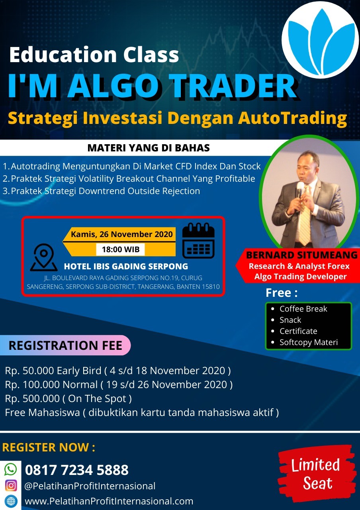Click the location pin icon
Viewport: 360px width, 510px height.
pos(44,257)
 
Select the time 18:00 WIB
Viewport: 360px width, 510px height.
pos(121,249)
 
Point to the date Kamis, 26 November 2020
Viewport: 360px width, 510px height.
pos(122,234)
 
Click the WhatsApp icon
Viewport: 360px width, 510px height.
pos(10,469)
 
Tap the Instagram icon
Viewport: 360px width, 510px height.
pos(11,485)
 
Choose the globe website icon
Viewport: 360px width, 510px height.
pos(11,501)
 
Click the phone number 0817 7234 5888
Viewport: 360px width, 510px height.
pos(77,470)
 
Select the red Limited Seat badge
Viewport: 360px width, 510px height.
pos(317,474)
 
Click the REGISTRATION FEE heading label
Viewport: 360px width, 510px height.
pos(65,345)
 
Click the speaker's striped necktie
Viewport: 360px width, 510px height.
pos(305,216)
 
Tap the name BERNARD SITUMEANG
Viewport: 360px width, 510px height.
pos(302,255)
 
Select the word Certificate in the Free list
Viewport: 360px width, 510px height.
pos(298,331)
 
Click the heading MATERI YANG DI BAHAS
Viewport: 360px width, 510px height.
pos(149,148)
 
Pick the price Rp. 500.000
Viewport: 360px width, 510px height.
pos(32,399)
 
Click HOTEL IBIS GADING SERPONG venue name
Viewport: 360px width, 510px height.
pos(126,267)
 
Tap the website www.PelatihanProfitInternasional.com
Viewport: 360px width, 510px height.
pos(109,501)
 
